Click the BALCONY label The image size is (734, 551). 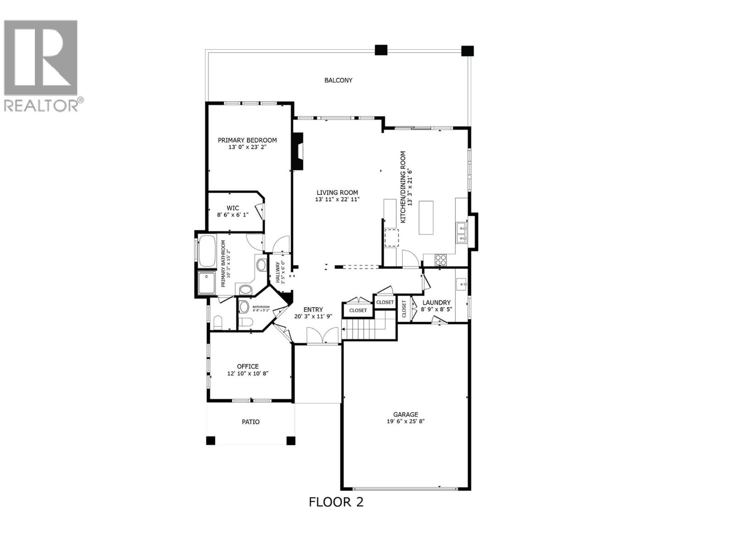(x=338, y=80)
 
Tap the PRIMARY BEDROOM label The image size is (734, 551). (x=247, y=140)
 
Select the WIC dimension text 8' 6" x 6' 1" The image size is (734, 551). (x=233, y=214)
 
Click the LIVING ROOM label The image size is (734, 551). (x=337, y=192)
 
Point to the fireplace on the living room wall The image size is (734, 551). (x=298, y=152)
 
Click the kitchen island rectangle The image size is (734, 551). (x=426, y=217)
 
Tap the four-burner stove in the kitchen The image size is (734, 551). (x=441, y=260)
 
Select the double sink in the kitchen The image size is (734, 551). (x=461, y=232)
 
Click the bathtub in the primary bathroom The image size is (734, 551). (x=207, y=251)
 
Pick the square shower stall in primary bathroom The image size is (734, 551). (x=207, y=282)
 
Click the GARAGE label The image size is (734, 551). (x=406, y=414)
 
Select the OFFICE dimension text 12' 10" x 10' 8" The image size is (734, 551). (x=248, y=373)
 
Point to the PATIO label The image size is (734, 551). (x=250, y=422)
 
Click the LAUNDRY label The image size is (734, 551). (x=436, y=303)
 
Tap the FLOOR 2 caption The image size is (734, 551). (x=336, y=502)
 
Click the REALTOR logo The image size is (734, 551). (x=41, y=64)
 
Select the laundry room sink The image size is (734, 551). (x=462, y=284)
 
